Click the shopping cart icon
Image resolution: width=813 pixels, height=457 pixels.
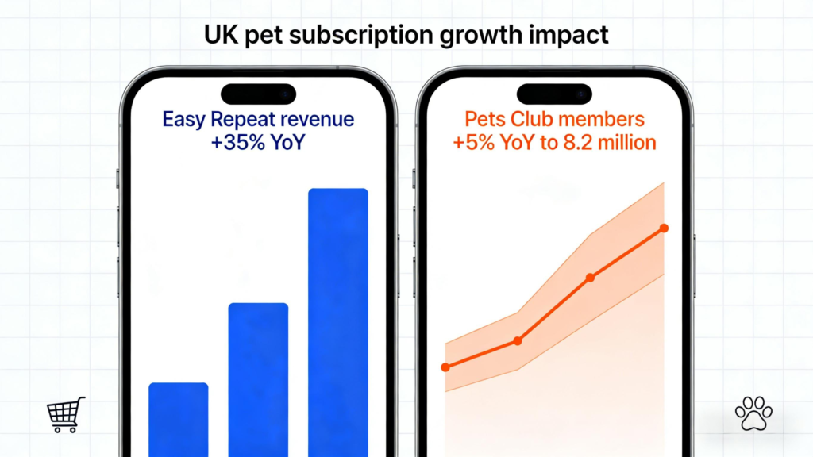65,414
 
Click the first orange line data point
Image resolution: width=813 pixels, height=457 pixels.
445,367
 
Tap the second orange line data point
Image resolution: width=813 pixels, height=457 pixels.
518,340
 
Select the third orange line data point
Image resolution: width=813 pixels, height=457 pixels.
590,278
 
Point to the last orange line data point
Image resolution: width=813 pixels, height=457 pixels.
664,228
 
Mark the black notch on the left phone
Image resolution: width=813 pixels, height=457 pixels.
258,94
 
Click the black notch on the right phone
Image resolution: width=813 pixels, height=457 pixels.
554,94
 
